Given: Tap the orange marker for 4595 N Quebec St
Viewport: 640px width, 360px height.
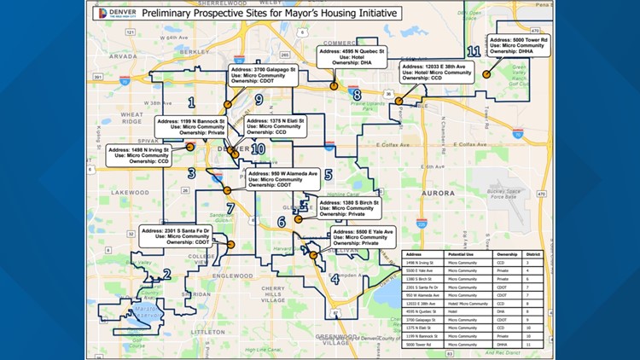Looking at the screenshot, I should pyautogui.click(x=335, y=86).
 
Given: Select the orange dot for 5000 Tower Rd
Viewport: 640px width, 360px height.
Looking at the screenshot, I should pyautogui.click(x=486, y=74).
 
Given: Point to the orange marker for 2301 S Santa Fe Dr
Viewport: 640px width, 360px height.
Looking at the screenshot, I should pyautogui.click(x=230, y=245).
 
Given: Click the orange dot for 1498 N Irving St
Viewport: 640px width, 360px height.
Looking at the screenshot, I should pyautogui.click(x=189, y=147).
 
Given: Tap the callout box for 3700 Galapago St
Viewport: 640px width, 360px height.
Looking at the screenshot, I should pyautogui.click(x=264, y=74).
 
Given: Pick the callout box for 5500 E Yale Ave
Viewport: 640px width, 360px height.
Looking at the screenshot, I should pyautogui.click(x=364, y=237).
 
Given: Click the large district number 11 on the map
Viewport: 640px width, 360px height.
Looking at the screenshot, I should pyautogui.click(x=474, y=52).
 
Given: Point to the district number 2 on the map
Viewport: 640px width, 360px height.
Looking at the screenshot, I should pyautogui.click(x=166, y=275).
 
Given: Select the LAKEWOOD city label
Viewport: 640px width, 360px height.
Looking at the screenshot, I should pyautogui.click(x=129, y=193).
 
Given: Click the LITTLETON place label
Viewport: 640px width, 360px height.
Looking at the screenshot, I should pyautogui.click(x=207, y=332).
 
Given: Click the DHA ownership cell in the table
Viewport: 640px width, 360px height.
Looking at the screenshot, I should pyautogui.click(x=502, y=313).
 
